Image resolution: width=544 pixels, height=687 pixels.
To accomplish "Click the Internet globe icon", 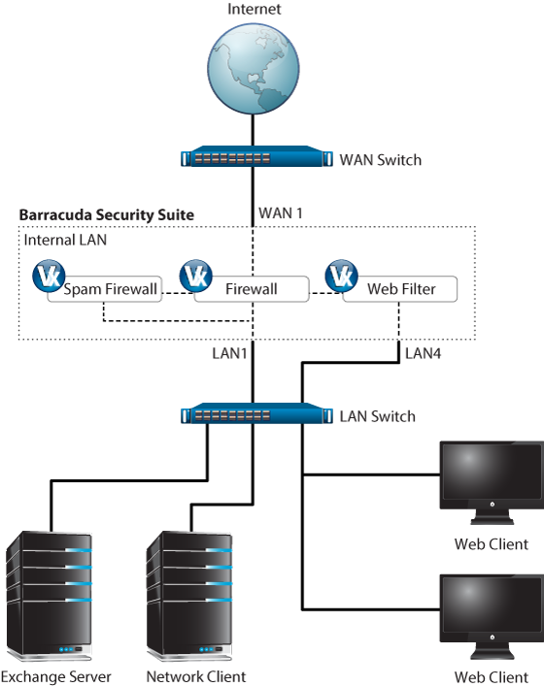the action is (x=254, y=69).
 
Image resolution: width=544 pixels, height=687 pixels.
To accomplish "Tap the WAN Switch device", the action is (x=254, y=156).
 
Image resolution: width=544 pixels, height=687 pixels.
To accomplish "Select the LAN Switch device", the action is (x=254, y=413).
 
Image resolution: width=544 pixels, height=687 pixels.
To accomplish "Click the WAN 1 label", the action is (x=281, y=213).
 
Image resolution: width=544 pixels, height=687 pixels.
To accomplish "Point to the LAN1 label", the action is (x=229, y=353).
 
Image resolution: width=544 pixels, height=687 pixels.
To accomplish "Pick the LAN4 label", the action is (x=423, y=353).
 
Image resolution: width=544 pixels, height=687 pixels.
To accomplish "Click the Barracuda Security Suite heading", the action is (x=107, y=214).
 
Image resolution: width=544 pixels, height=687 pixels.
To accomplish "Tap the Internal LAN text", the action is (x=65, y=240).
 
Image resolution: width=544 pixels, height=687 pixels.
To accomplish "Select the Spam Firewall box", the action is (x=104, y=289).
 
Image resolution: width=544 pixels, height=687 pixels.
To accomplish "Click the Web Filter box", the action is (x=399, y=289).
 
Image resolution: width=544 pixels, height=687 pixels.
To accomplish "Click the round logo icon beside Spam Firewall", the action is (x=49, y=276).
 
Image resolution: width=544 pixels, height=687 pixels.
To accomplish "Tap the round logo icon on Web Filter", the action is (x=341, y=276).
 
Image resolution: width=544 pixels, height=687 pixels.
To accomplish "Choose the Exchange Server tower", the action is (x=50, y=596).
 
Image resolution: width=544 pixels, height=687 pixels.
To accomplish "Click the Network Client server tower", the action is (x=189, y=596).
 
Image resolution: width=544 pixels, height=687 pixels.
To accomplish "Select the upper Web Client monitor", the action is (x=492, y=483).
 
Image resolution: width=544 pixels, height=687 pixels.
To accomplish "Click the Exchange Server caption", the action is (x=56, y=677).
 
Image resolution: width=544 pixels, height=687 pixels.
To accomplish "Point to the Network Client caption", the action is (x=196, y=677).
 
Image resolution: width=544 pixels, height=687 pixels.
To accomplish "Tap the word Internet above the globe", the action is (x=254, y=9).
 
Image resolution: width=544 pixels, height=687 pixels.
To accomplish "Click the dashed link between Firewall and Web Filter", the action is (x=325, y=293).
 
